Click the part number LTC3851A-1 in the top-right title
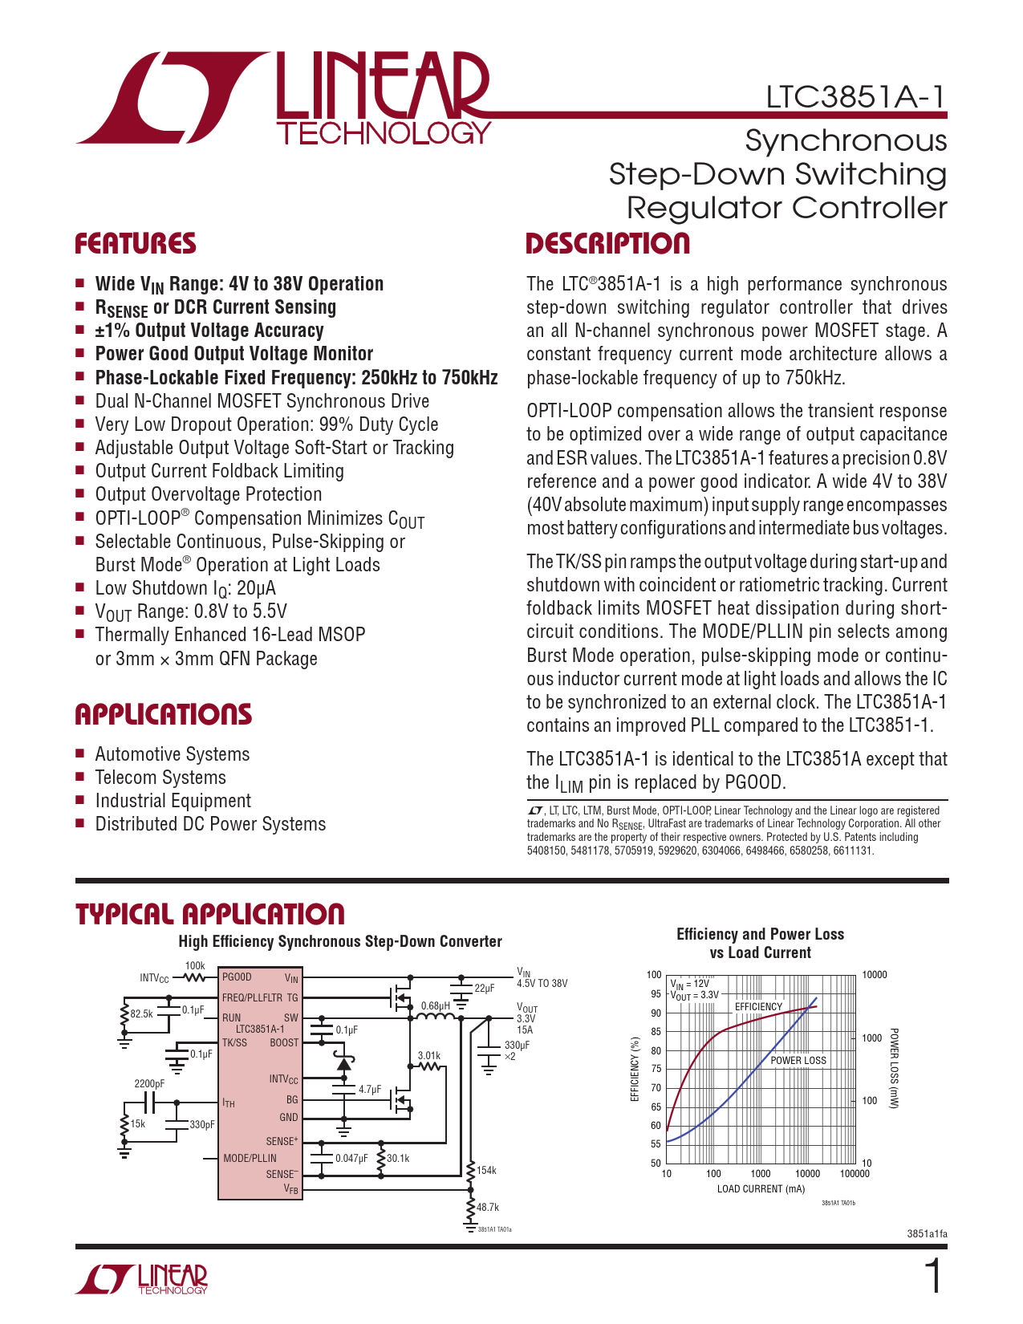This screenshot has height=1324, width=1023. tap(855, 97)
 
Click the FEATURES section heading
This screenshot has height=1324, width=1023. tap(136, 244)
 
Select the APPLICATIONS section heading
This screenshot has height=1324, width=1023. tap(164, 714)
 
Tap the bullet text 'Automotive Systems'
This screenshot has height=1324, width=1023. tap(173, 754)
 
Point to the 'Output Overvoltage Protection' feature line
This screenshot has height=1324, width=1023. tap(209, 494)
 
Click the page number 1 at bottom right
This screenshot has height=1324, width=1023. tap(933, 1277)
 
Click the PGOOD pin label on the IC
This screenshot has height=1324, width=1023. tap(237, 977)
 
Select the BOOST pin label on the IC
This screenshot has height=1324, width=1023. tap(284, 1043)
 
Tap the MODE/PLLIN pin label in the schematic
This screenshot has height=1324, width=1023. tap(250, 1158)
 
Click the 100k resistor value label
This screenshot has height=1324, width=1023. tap(195, 966)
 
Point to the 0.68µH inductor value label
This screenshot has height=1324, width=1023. tap(435, 1006)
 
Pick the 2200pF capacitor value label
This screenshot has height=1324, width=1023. tap(149, 1084)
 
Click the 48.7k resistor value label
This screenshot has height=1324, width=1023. tap(488, 1207)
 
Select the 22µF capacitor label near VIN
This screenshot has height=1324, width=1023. tap(485, 989)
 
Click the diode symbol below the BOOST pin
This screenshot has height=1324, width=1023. tap(344, 1065)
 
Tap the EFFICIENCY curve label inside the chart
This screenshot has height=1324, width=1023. tap(758, 1006)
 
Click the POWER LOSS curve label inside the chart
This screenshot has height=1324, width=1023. tap(798, 1060)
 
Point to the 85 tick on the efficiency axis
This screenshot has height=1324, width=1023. tap(656, 1032)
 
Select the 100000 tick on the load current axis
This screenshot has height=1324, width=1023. tap(855, 1174)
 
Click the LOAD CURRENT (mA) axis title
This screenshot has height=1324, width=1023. tap(761, 1189)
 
